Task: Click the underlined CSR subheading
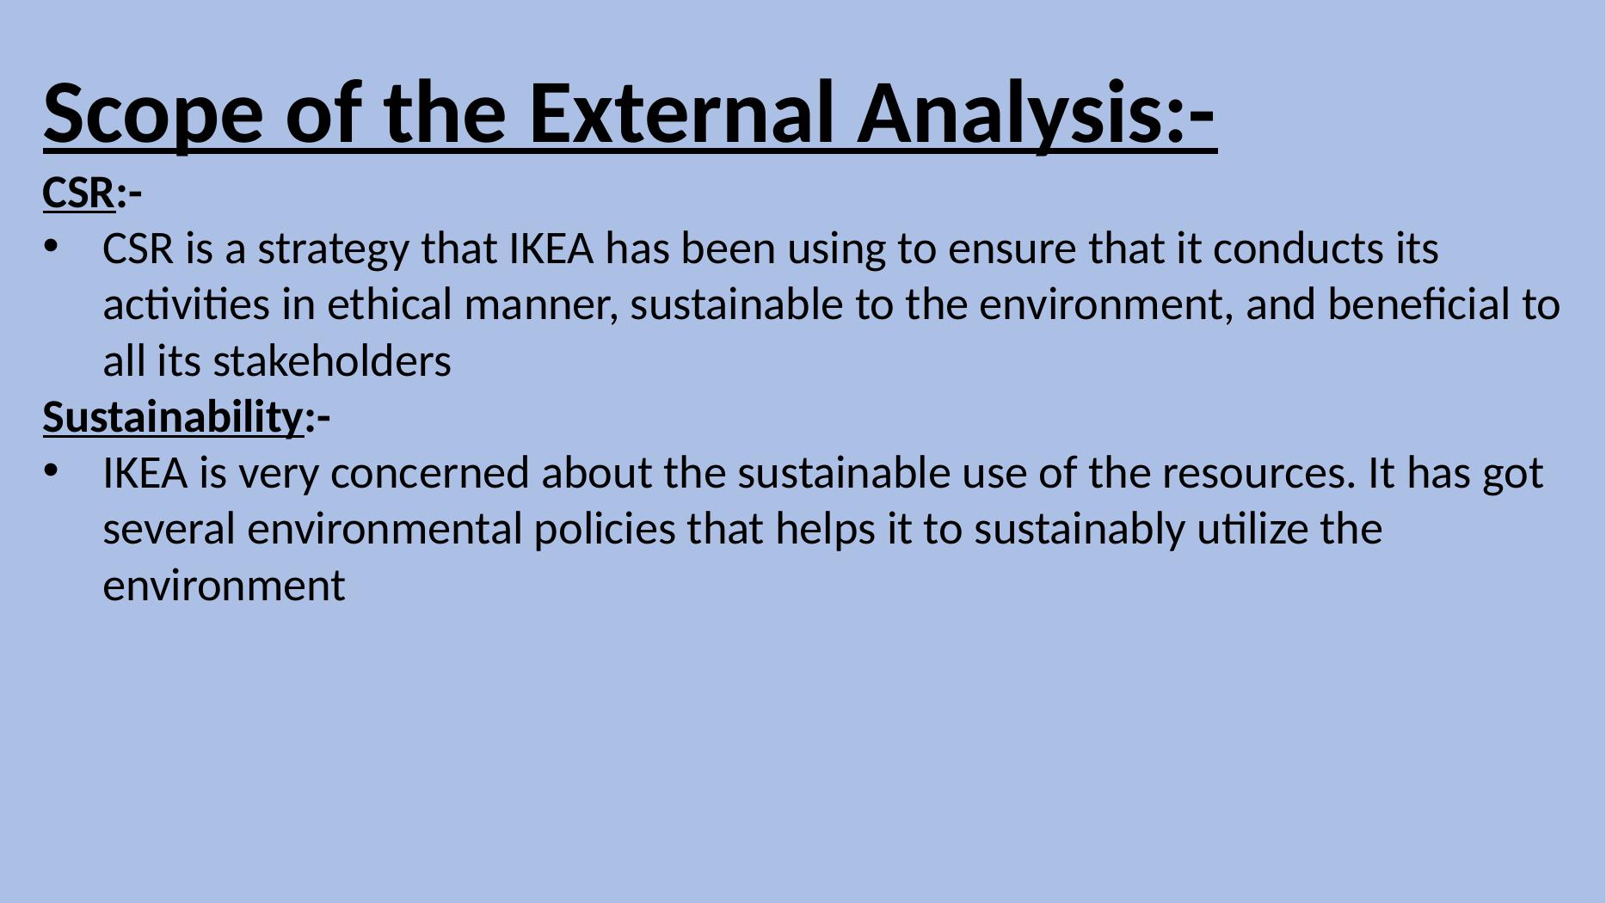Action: click(78, 193)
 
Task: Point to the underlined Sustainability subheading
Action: click(173, 418)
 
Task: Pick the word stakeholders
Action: click(332, 361)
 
